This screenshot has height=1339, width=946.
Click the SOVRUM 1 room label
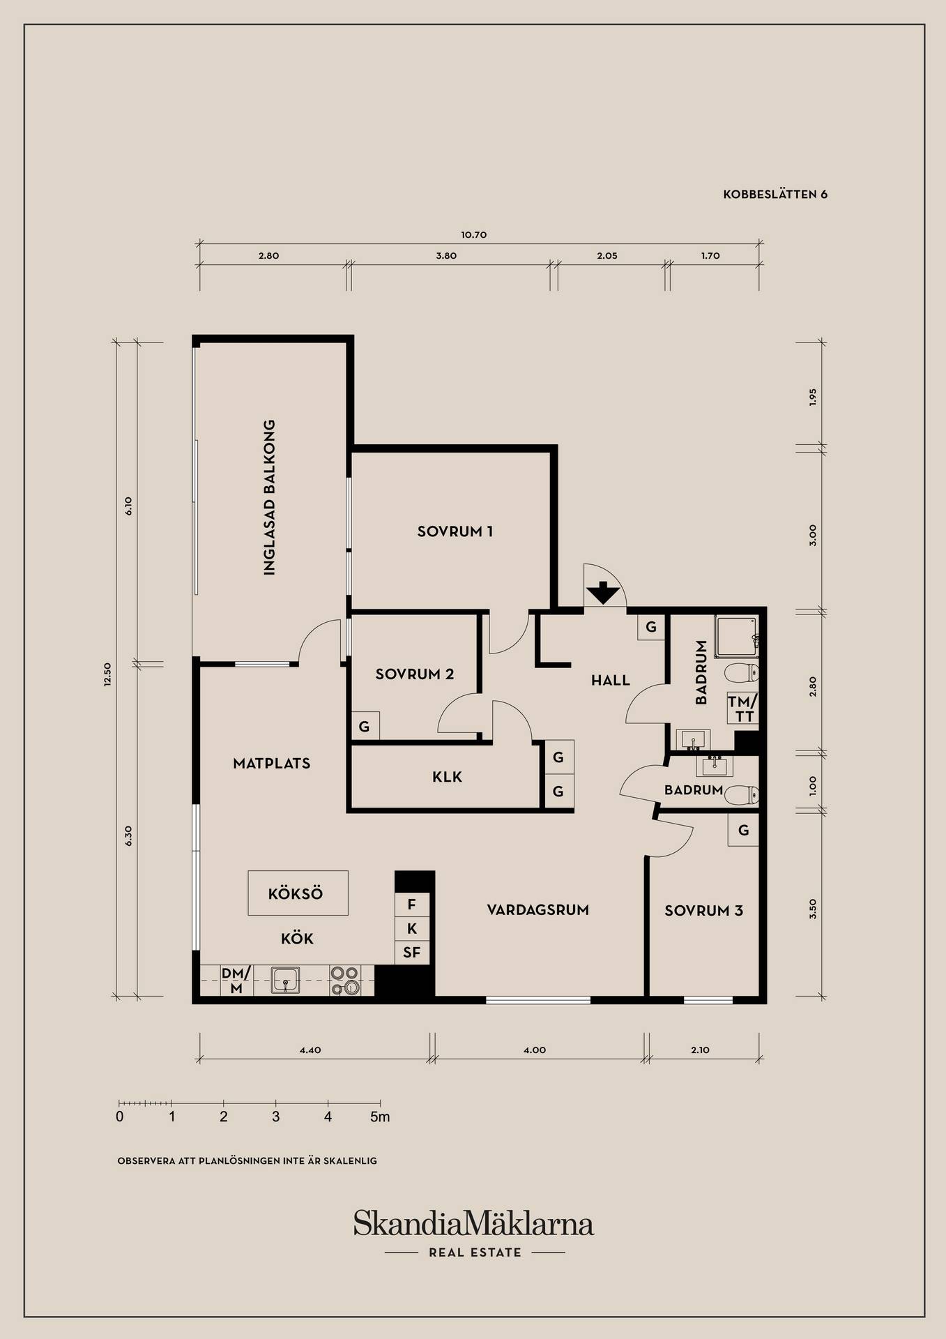455,531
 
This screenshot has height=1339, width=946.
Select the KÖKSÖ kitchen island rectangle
298,893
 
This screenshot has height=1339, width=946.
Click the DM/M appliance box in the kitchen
236,981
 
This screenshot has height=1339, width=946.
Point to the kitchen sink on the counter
286,979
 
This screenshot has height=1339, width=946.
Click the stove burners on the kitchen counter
344,981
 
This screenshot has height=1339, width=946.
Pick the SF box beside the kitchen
411,953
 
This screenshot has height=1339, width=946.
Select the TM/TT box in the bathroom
741,709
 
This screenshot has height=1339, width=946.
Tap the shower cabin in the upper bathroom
736,636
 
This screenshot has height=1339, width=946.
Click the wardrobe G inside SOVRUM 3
743,831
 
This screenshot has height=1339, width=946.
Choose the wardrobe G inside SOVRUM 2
364,727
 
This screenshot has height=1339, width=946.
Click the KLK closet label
447,777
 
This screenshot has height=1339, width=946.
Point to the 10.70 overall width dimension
474,235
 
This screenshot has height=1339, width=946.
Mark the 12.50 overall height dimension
107,674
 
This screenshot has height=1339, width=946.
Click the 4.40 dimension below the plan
310,1050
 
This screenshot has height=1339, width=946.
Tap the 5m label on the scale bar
380,1117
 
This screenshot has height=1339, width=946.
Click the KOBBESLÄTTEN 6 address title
775,195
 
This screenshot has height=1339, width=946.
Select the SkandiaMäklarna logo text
473,1223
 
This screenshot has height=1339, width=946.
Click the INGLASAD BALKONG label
269,497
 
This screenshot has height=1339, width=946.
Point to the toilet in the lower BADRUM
742,794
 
